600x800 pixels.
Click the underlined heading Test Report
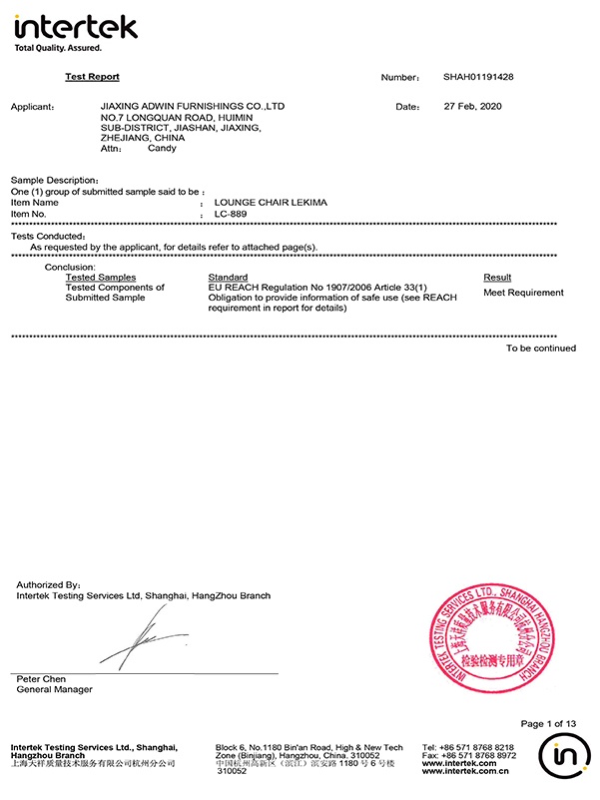click(92, 76)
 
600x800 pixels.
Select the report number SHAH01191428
click(479, 77)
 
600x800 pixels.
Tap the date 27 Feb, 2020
click(472, 106)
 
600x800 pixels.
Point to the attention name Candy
click(162, 148)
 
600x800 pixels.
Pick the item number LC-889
click(231, 213)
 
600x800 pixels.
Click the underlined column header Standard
click(228, 277)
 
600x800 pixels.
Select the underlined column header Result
click(497, 277)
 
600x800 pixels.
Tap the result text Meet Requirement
click(523, 293)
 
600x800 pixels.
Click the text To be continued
click(540, 349)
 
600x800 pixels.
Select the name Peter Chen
click(40, 679)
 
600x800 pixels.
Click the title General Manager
click(54, 689)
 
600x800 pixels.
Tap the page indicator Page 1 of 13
click(548, 723)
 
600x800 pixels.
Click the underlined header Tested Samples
click(100, 277)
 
